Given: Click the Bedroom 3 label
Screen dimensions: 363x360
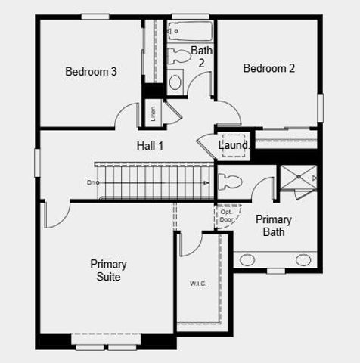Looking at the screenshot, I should click(x=91, y=72).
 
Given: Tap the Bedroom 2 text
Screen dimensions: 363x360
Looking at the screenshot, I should click(x=268, y=68).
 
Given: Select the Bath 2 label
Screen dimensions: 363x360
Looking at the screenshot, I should click(x=202, y=57).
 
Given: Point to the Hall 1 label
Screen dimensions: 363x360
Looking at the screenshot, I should click(x=150, y=145).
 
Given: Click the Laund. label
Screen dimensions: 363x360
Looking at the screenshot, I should click(x=234, y=145).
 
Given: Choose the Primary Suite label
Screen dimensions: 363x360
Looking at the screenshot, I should click(x=108, y=270).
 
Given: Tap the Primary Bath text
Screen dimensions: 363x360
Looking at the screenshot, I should click(x=273, y=225).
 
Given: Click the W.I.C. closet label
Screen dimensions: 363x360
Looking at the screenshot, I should click(x=198, y=284).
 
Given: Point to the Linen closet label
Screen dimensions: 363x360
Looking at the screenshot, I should click(x=154, y=113).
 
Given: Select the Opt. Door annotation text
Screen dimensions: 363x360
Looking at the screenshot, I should click(x=227, y=216).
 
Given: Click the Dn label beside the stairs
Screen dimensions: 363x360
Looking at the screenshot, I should click(x=91, y=182).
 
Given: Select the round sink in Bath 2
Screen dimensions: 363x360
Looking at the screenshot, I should click(x=175, y=82).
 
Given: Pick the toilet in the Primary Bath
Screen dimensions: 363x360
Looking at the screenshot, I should click(x=230, y=182).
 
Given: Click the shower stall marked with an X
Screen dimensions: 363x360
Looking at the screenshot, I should click(x=298, y=178).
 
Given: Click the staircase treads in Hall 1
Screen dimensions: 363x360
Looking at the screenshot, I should click(x=151, y=181).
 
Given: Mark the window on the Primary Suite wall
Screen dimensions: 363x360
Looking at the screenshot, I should click(x=103, y=347).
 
